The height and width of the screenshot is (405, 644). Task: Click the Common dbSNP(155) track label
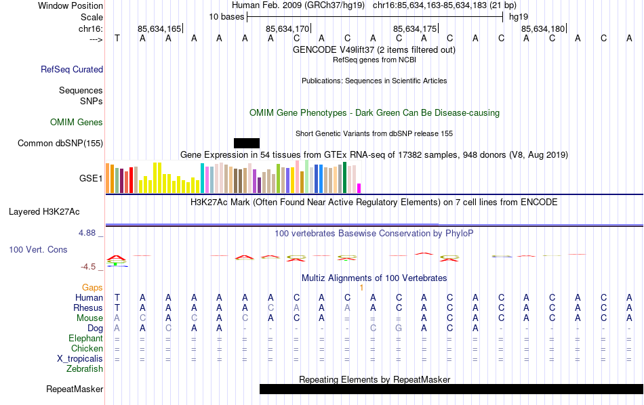pyautogui.click(x=60, y=143)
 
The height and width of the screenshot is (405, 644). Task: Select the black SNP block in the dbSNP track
pyautogui.click(x=247, y=143)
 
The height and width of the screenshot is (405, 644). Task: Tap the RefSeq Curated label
pyautogui.click(x=72, y=69)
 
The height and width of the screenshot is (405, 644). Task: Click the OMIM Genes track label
pyautogui.click(x=77, y=122)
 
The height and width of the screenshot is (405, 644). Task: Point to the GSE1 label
pyautogui.click(x=91, y=179)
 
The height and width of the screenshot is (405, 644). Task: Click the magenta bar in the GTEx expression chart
pyautogui.click(x=359, y=188)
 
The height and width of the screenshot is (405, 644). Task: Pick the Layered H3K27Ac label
pyautogui.click(x=56, y=211)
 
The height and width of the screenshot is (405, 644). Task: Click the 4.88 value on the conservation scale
pyautogui.click(x=90, y=233)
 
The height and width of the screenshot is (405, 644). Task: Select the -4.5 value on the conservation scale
pyautogui.click(x=92, y=267)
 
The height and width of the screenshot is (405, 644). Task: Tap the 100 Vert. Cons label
pyautogui.click(x=38, y=249)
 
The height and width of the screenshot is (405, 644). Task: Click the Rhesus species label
pyautogui.click(x=87, y=307)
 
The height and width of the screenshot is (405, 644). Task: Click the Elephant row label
pyautogui.click(x=85, y=338)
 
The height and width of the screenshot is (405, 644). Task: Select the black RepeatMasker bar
pyautogui.click(x=451, y=389)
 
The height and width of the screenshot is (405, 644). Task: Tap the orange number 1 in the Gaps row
pyautogui.click(x=362, y=287)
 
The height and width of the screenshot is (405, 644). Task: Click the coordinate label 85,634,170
pyautogui.click(x=287, y=28)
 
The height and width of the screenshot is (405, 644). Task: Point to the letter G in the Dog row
pyautogui.click(x=399, y=328)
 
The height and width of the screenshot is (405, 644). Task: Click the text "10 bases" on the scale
pyautogui.click(x=226, y=16)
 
